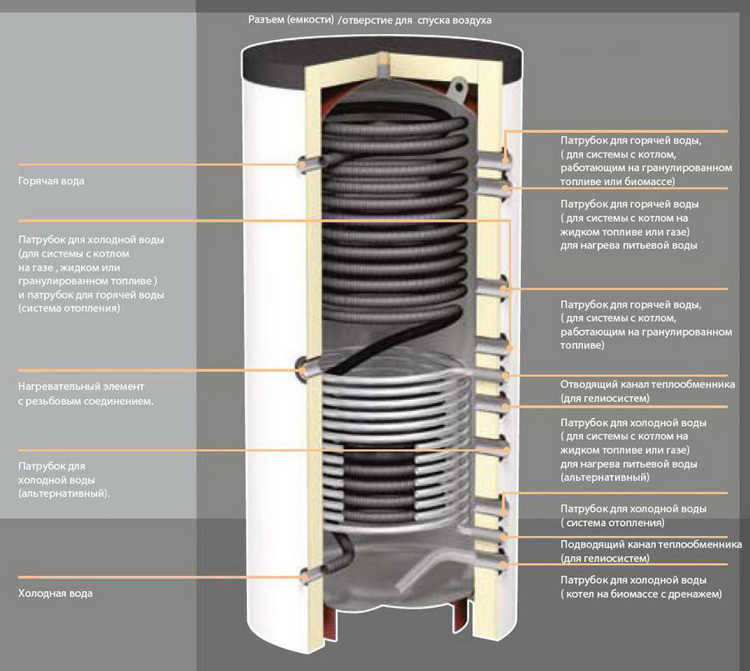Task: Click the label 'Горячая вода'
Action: tap(51, 180)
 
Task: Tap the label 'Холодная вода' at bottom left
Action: tap(55, 593)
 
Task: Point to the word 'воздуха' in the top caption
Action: tap(471, 19)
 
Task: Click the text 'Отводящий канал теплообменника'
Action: tap(647, 385)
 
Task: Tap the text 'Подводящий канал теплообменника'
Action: tap(650, 544)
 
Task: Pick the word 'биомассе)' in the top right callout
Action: tap(652, 181)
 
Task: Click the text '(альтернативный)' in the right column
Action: tap(604, 478)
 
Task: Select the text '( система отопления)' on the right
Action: tap(612, 523)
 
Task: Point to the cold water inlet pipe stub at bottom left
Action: tap(307, 573)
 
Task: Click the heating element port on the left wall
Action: tap(305, 368)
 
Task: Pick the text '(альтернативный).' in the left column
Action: tap(64, 493)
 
